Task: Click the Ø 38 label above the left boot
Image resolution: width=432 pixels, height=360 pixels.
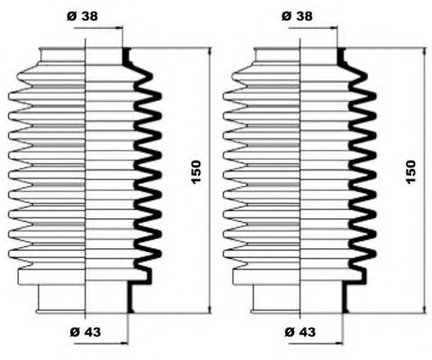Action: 83,15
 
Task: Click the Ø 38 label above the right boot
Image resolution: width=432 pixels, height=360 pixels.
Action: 299,15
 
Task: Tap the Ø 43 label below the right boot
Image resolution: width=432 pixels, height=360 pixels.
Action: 300,332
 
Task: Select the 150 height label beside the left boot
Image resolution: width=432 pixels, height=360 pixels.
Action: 198,171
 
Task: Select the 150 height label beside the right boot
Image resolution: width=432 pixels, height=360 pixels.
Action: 411,171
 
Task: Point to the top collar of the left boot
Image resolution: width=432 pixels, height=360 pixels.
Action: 83,55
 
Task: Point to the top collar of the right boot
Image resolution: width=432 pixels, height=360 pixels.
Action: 299,55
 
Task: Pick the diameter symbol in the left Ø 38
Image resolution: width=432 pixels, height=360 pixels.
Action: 71,15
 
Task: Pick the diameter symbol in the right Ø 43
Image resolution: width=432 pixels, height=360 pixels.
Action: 289,332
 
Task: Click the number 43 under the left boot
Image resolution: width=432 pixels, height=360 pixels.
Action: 91,332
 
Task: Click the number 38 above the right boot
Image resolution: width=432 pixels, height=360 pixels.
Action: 305,15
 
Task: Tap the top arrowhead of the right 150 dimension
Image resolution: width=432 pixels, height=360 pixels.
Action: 424,52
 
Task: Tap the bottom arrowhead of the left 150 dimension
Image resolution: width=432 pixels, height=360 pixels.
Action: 210,307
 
